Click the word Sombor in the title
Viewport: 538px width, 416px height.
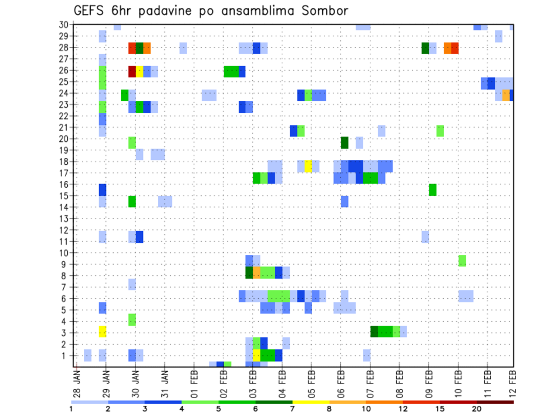tap(322, 11)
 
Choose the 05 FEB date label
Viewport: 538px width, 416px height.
tap(312, 384)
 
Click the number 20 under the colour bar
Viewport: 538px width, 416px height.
tap(477, 409)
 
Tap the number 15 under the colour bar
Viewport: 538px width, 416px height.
tap(440, 409)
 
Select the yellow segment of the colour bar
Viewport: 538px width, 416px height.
tap(310, 402)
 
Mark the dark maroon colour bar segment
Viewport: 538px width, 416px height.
tap(495, 402)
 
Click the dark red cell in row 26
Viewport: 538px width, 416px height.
tap(132, 71)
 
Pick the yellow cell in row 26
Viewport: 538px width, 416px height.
tap(140, 71)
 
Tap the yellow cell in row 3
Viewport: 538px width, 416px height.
tap(103, 331)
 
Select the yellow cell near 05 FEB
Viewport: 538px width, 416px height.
tap(308, 166)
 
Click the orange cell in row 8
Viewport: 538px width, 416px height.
tap(257, 272)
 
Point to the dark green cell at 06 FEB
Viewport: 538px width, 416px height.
tap(345, 142)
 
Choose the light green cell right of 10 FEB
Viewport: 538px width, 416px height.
tap(462, 261)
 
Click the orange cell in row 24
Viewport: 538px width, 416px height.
tap(506, 95)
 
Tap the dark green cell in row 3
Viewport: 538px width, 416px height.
tap(374, 331)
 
